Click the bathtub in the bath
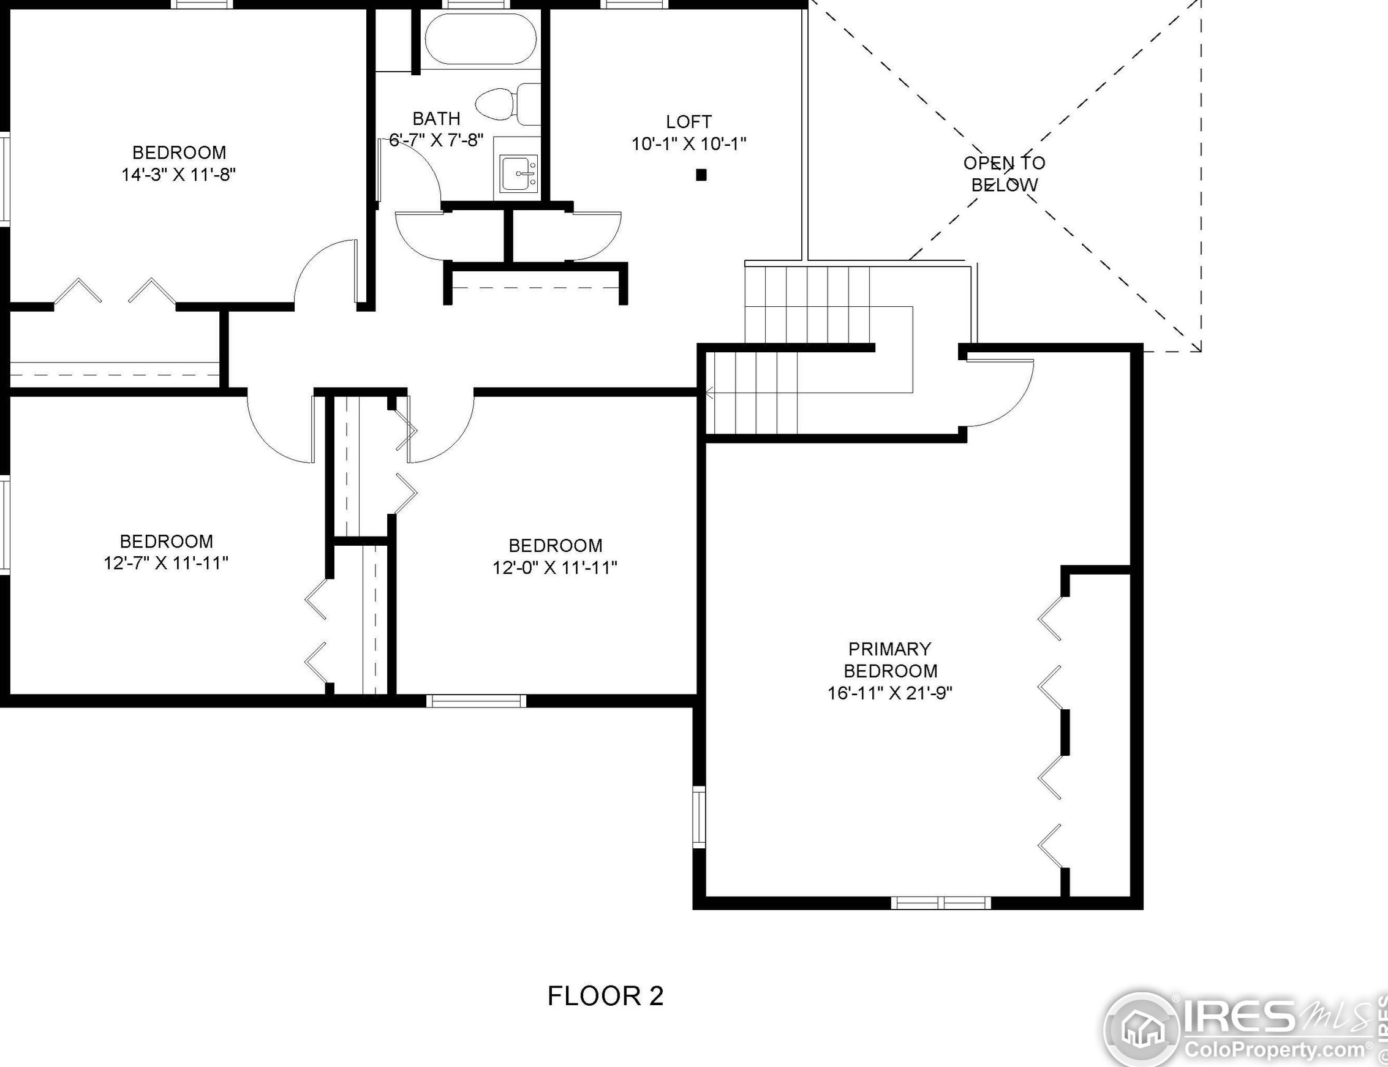click(480, 39)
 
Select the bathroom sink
click(519, 173)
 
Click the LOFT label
click(689, 121)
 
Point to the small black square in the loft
click(701, 175)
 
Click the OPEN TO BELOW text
click(1005, 174)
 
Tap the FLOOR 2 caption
click(605, 995)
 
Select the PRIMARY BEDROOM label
click(890, 660)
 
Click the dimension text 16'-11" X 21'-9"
click(890, 693)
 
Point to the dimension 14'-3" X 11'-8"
click(179, 175)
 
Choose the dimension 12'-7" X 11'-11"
click(166, 563)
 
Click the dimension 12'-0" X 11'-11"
click(555, 567)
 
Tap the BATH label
click(436, 119)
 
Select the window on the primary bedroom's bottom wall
click(941, 902)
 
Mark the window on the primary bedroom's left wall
click(698, 816)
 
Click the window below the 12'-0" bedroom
click(475, 701)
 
